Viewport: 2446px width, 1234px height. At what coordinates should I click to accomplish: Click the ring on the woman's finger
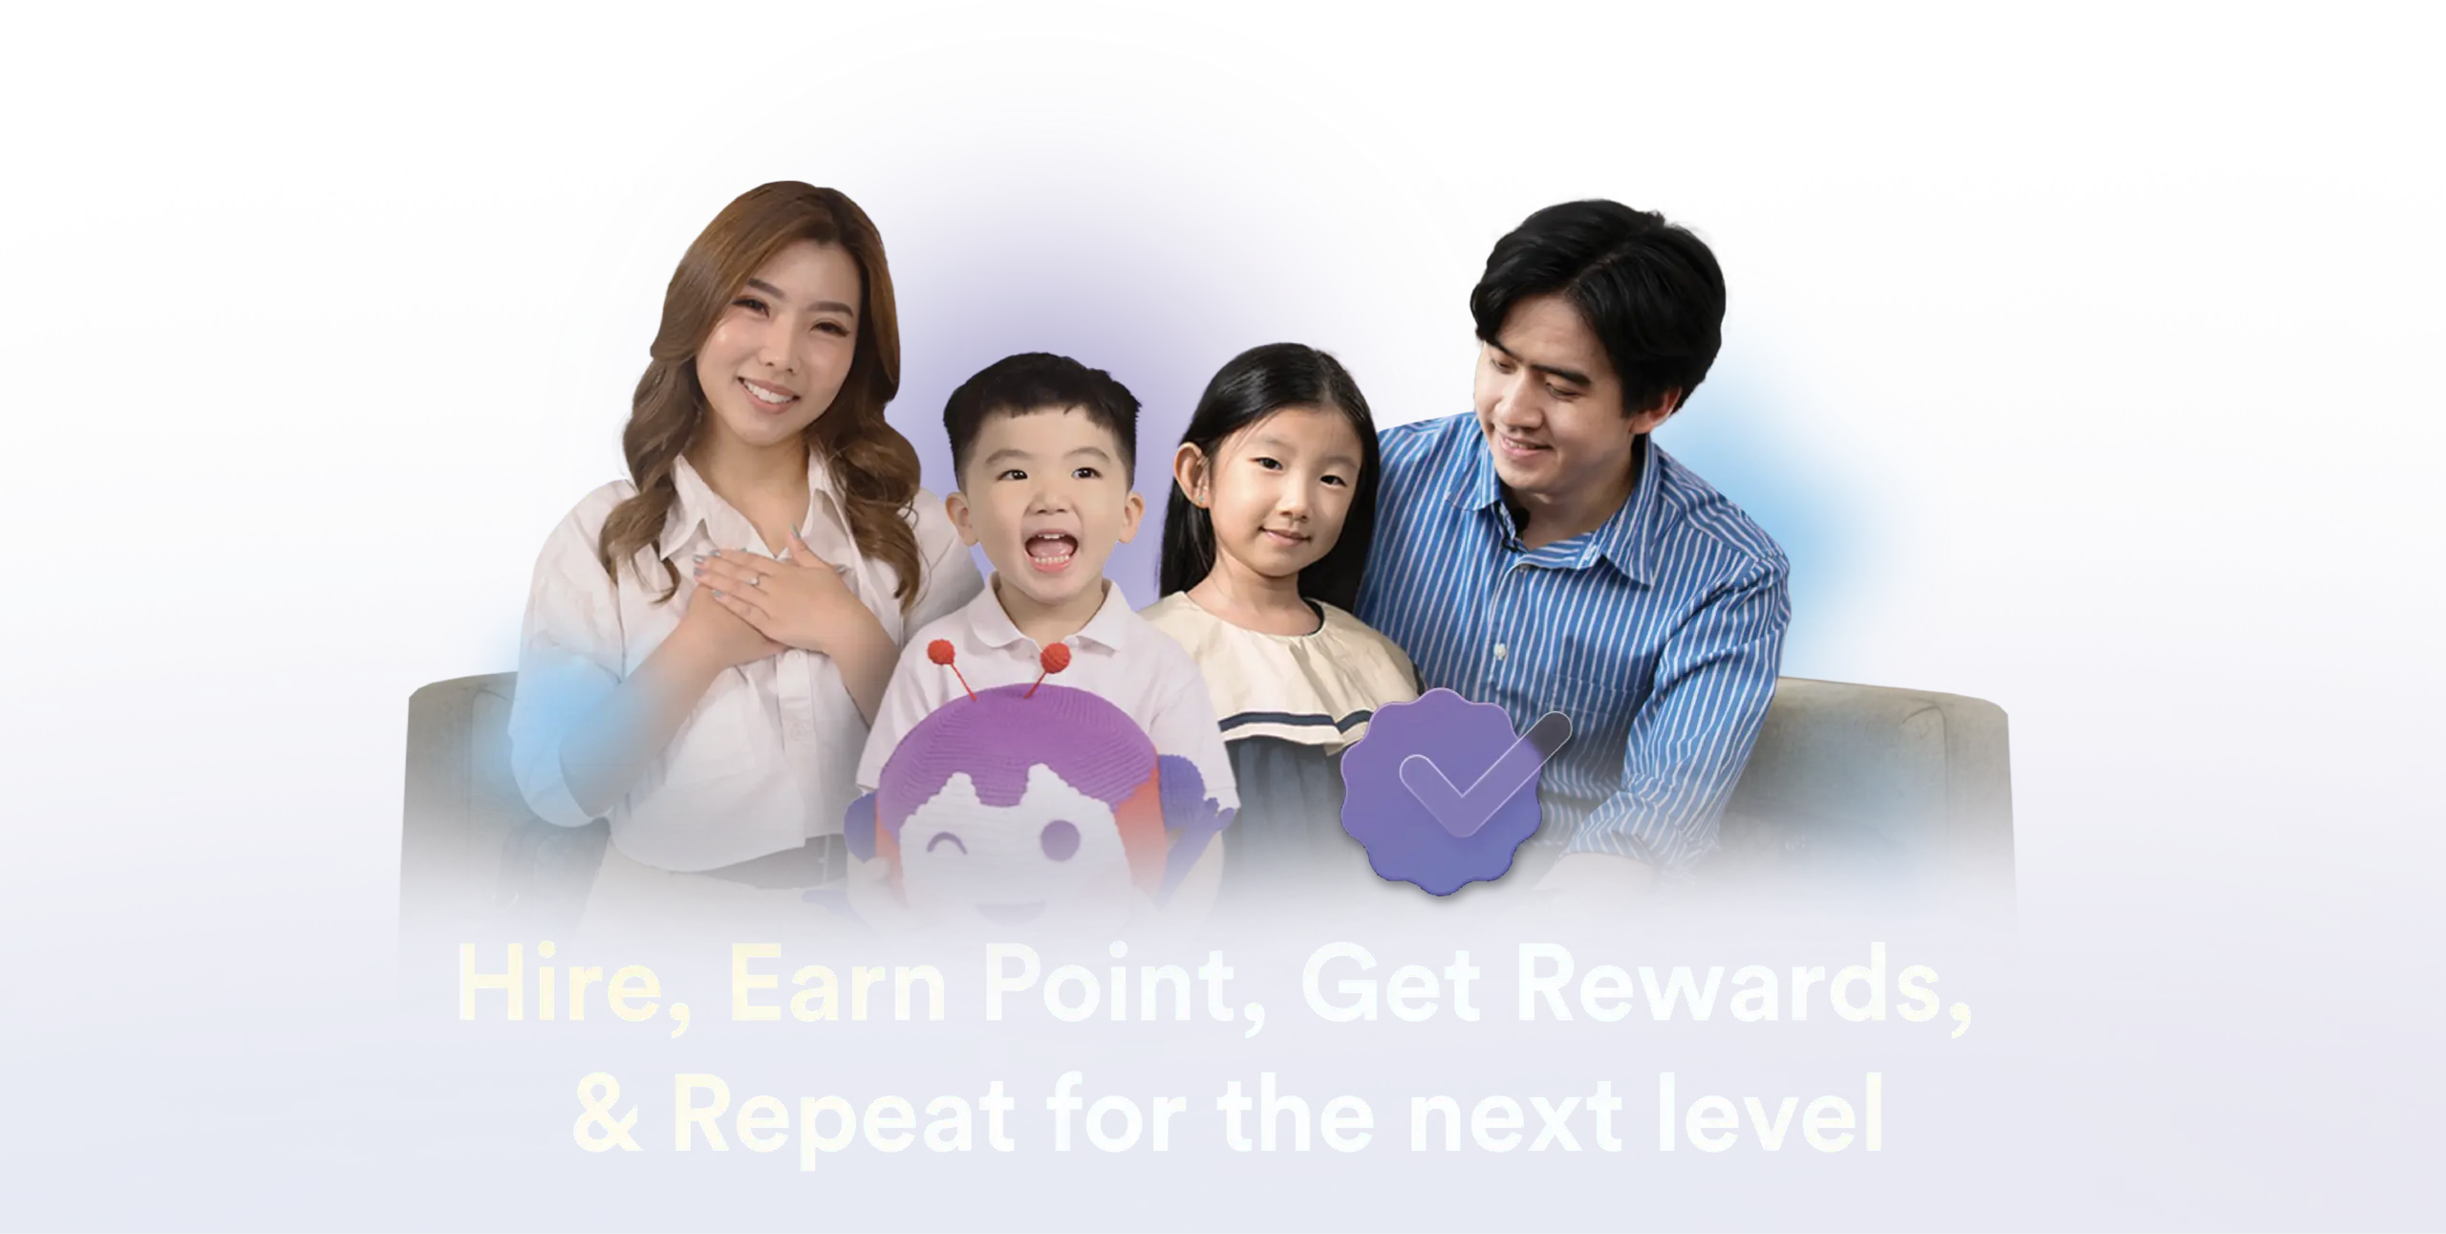click(756, 605)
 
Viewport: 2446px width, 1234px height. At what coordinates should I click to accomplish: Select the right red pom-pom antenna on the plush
click(1055, 658)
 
